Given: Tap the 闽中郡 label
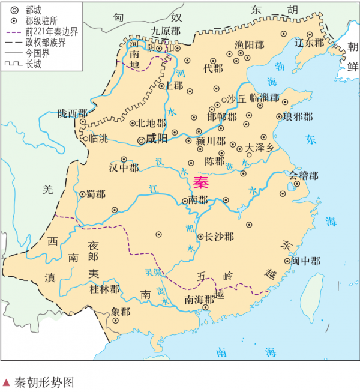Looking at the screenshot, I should [x=305, y=261].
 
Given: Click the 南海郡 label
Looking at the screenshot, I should [x=199, y=299].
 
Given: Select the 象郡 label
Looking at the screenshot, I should [x=121, y=312].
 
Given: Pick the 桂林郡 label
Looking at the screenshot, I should [x=104, y=289].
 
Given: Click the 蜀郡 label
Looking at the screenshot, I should [x=95, y=194].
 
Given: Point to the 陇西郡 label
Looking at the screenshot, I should [x=73, y=113].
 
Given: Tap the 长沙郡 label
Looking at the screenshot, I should [x=220, y=237].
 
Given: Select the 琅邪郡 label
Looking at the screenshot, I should [x=298, y=116].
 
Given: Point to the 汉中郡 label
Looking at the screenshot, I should [x=124, y=167].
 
